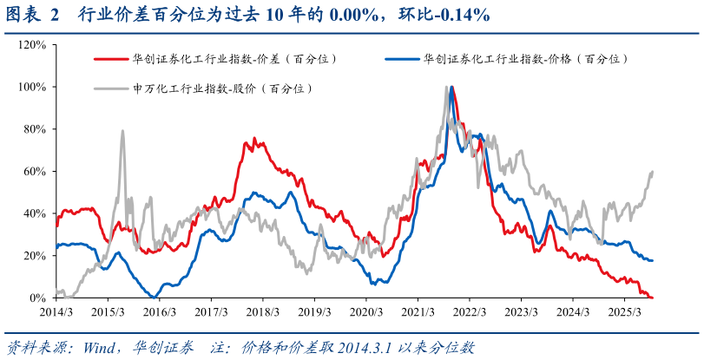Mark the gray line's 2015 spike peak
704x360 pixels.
122,131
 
